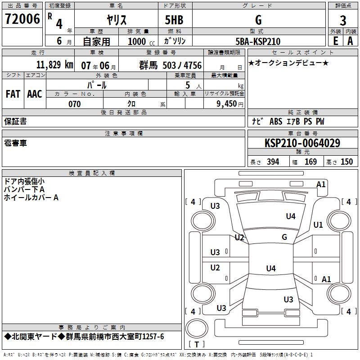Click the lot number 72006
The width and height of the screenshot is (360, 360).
(x=22, y=18)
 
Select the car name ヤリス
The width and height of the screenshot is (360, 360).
(x=116, y=20)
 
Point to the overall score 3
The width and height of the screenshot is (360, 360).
(x=343, y=20)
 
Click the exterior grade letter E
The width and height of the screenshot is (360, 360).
(x=335, y=40)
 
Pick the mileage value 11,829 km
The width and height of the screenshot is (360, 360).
(x=54, y=65)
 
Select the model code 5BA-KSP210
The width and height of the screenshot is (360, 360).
(x=258, y=41)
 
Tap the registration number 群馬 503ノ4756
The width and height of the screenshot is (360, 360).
(x=171, y=65)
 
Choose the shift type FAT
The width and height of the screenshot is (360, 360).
(x=13, y=94)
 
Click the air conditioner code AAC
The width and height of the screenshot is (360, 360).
(x=35, y=94)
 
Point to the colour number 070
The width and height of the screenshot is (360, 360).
(x=74, y=104)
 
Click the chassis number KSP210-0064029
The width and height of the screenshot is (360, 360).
(x=302, y=143)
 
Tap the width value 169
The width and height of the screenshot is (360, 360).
(x=310, y=162)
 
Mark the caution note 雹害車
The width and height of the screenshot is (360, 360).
(x=15, y=143)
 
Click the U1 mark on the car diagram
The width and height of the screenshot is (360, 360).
(x=318, y=225)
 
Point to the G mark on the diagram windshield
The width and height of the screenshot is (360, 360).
(x=284, y=237)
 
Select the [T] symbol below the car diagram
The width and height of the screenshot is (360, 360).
(x=196, y=344)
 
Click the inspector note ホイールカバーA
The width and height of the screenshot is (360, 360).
(x=31, y=197)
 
